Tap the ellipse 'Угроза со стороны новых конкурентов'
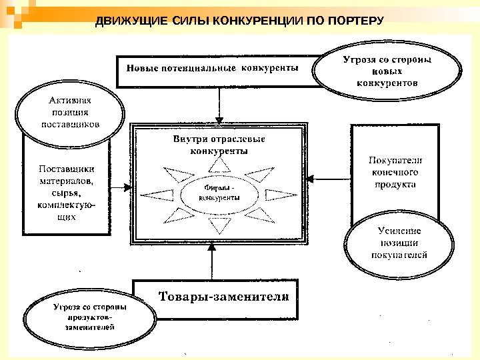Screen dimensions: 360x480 click(x=386, y=72)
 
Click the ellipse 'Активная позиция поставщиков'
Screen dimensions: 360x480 click(x=69, y=113)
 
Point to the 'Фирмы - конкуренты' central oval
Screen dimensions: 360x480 click(x=220, y=193)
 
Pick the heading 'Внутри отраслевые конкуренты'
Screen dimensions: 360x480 click(x=219, y=145)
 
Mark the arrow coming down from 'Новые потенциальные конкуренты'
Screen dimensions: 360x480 click(x=219, y=105)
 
